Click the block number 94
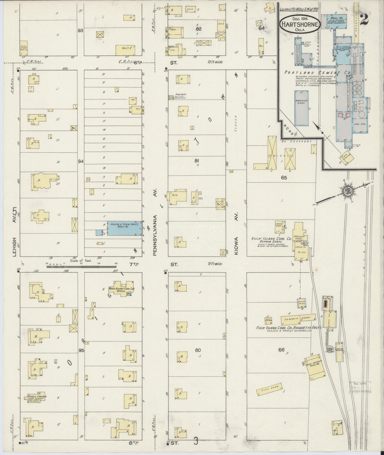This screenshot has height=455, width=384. [x=81, y=161]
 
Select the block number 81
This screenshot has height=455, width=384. [x=197, y=160]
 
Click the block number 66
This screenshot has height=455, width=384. [x=281, y=350]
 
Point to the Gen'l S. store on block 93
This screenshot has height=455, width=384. [x=125, y=50]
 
